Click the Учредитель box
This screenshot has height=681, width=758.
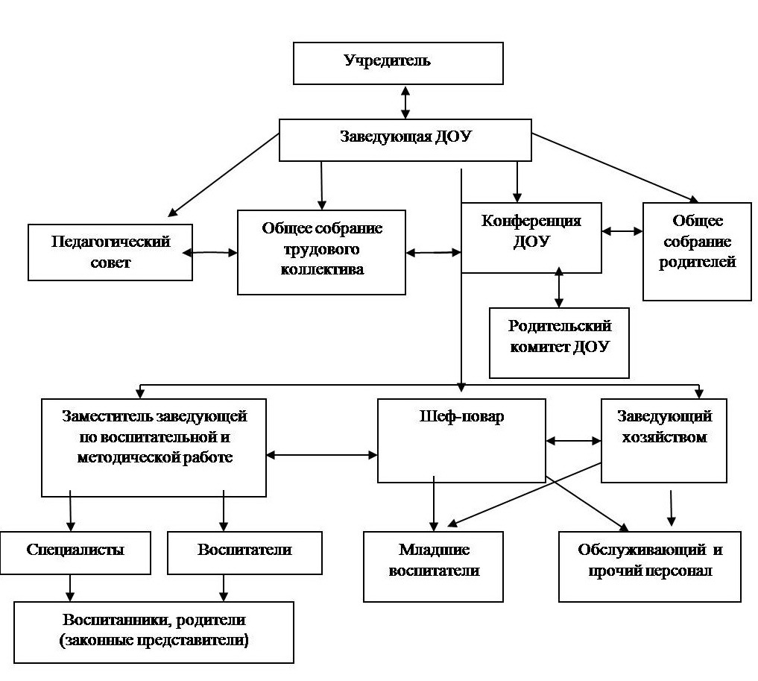click(x=398, y=63)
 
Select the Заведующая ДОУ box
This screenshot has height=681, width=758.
click(x=405, y=140)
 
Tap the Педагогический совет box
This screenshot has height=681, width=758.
click(x=110, y=252)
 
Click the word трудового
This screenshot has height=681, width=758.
click(x=321, y=250)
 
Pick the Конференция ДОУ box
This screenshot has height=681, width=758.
click(x=531, y=238)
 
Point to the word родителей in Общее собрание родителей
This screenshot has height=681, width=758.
click(x=697, y=262)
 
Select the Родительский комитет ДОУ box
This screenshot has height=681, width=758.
click(x=559, y=343)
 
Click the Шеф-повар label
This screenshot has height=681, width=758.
click(x=461, y=416)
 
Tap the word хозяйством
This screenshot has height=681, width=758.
click(x=664, y=437)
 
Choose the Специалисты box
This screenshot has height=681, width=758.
click(x=75, y=553)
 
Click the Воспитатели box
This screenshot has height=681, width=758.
click(x=244, y=553)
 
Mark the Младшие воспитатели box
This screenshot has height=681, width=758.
click(x=433, y=567)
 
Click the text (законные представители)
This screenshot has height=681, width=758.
click(x=154, y=641)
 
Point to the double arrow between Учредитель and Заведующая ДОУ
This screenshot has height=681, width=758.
click(x=405, y=102)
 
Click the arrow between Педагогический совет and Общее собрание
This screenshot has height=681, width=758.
click(x=210, y=252)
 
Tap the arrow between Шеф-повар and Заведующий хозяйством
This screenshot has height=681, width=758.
click(x=573, y=441)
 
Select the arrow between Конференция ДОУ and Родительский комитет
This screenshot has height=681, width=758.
click(x=559, y=287)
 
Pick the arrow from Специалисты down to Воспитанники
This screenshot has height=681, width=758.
click(x=71, y=588)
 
